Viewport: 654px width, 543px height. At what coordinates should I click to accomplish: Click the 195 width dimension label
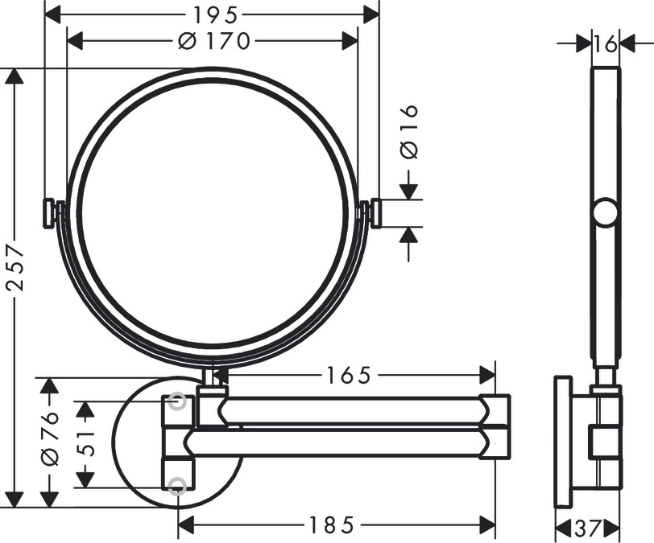click(x=212, y=14)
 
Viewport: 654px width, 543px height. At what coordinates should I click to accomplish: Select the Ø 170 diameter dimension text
click(x=213, y=40)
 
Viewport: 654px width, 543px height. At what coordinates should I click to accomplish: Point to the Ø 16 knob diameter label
click(x=409, y=130)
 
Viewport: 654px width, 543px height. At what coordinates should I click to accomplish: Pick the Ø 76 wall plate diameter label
click(x=50, y=439)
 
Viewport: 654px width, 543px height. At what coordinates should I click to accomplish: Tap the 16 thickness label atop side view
click(x=605, y=44)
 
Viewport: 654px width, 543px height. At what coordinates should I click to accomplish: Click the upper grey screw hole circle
click(x=178, y=401)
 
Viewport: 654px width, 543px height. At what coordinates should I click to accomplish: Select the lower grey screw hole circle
click(x=178, y=485)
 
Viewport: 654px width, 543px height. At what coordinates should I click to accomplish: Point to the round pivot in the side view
click(x=605, y=213)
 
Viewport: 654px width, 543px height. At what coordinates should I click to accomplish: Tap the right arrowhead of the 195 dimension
click(x=371, y=14)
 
